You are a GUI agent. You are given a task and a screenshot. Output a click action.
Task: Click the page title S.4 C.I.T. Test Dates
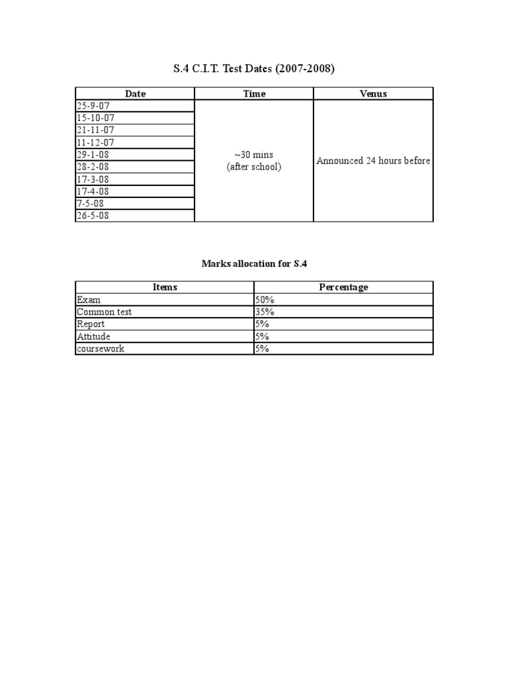click(x=254, y=68)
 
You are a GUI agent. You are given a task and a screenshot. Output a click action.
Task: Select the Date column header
click(x=135, y=93)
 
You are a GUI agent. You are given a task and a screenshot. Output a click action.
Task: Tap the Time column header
click(x=254, y=93)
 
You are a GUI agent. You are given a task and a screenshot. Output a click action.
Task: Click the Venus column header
click(x=373, y=93)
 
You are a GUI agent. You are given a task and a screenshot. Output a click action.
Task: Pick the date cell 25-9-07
click(x=93, y=106)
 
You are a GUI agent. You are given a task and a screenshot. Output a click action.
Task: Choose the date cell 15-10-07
click(x=95, y=118)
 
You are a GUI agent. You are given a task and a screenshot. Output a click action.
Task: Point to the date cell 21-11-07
click(x=95, y=130)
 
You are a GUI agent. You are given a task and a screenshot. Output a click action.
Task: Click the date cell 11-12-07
click(x=95, y=142)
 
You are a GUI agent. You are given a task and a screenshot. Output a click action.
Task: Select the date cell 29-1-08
click(x=93, y=154)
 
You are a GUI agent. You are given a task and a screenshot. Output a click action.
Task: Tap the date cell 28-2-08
click(x=93, y=167)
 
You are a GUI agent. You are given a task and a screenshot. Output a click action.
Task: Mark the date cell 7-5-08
click(x=90, y=203)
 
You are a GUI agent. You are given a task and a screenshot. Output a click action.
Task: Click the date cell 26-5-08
click(x=93, y=216)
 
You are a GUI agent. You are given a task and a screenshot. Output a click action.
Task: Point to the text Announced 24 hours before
click(x=373, y=161)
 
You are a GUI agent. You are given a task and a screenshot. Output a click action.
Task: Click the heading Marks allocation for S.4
click(x=254, y=264)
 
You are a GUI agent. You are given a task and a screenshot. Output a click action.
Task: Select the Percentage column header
click(x=343, y=287)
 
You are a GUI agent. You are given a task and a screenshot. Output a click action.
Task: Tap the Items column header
click(x=165, y=287)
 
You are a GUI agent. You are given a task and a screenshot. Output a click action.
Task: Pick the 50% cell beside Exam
click(x=265, y=299)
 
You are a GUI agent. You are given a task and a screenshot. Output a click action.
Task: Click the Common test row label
click(x=104, y=312)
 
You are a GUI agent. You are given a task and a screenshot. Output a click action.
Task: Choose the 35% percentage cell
click(x=265, y=312)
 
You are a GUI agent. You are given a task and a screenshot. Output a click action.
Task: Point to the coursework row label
click(x=101, y=348)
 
